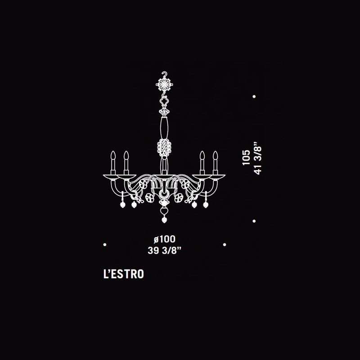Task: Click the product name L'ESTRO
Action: [123, 274]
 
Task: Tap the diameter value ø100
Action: [165, 239]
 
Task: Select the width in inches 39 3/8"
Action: [165, 250]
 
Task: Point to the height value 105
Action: [246, 157]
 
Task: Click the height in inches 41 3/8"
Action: [258, 158]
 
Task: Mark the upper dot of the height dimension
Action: [254, 97]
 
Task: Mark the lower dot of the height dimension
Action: [254, 221]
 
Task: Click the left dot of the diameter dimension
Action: [105, 244]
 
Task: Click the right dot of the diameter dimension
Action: [225, 244]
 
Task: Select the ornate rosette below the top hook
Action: [164, 85]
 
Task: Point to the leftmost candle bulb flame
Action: [113, 155]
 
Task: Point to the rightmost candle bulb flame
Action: [215, 155]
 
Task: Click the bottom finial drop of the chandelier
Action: [164, 220]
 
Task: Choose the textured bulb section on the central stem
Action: [164, 148]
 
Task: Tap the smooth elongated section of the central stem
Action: [164, 127]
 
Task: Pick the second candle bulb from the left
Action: [126, 155]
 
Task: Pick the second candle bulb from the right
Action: [202, 155]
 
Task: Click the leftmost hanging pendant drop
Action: [122, 204]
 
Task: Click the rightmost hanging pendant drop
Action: [206, 204]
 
